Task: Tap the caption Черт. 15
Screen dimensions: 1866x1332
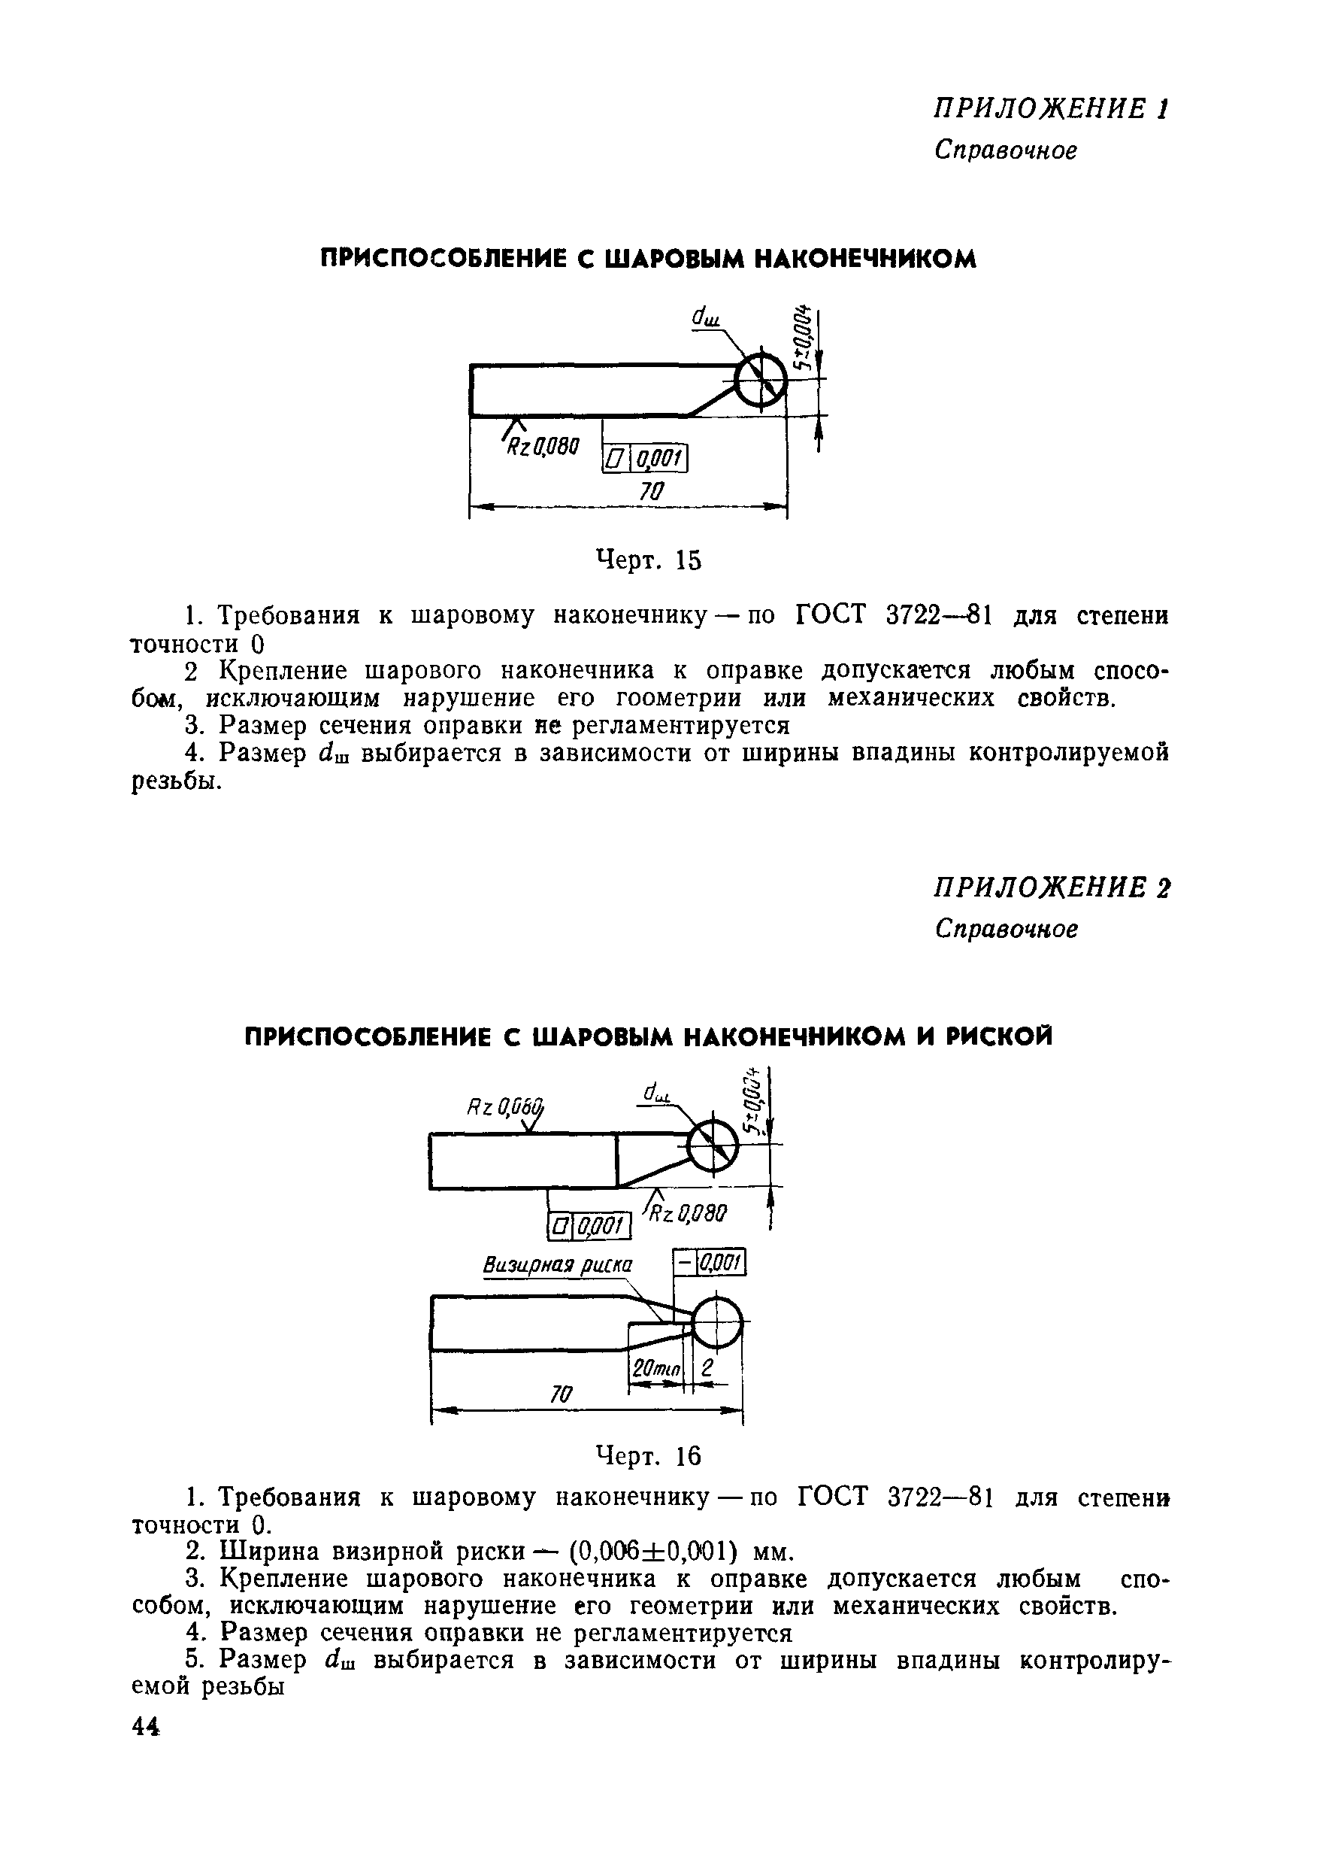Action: (648, 560)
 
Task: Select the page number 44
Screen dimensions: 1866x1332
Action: (146, 1727)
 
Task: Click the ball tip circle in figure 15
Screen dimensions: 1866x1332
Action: (759, 380)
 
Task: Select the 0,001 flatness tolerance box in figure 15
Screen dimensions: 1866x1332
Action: (645, 459)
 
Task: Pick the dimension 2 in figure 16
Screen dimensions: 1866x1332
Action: (707, 1367)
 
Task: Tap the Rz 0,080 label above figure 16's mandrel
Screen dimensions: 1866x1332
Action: (505, 1109)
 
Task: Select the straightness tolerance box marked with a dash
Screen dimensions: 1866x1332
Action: (709, 1263)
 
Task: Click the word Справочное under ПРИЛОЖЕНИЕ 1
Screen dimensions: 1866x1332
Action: (1006, 150)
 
